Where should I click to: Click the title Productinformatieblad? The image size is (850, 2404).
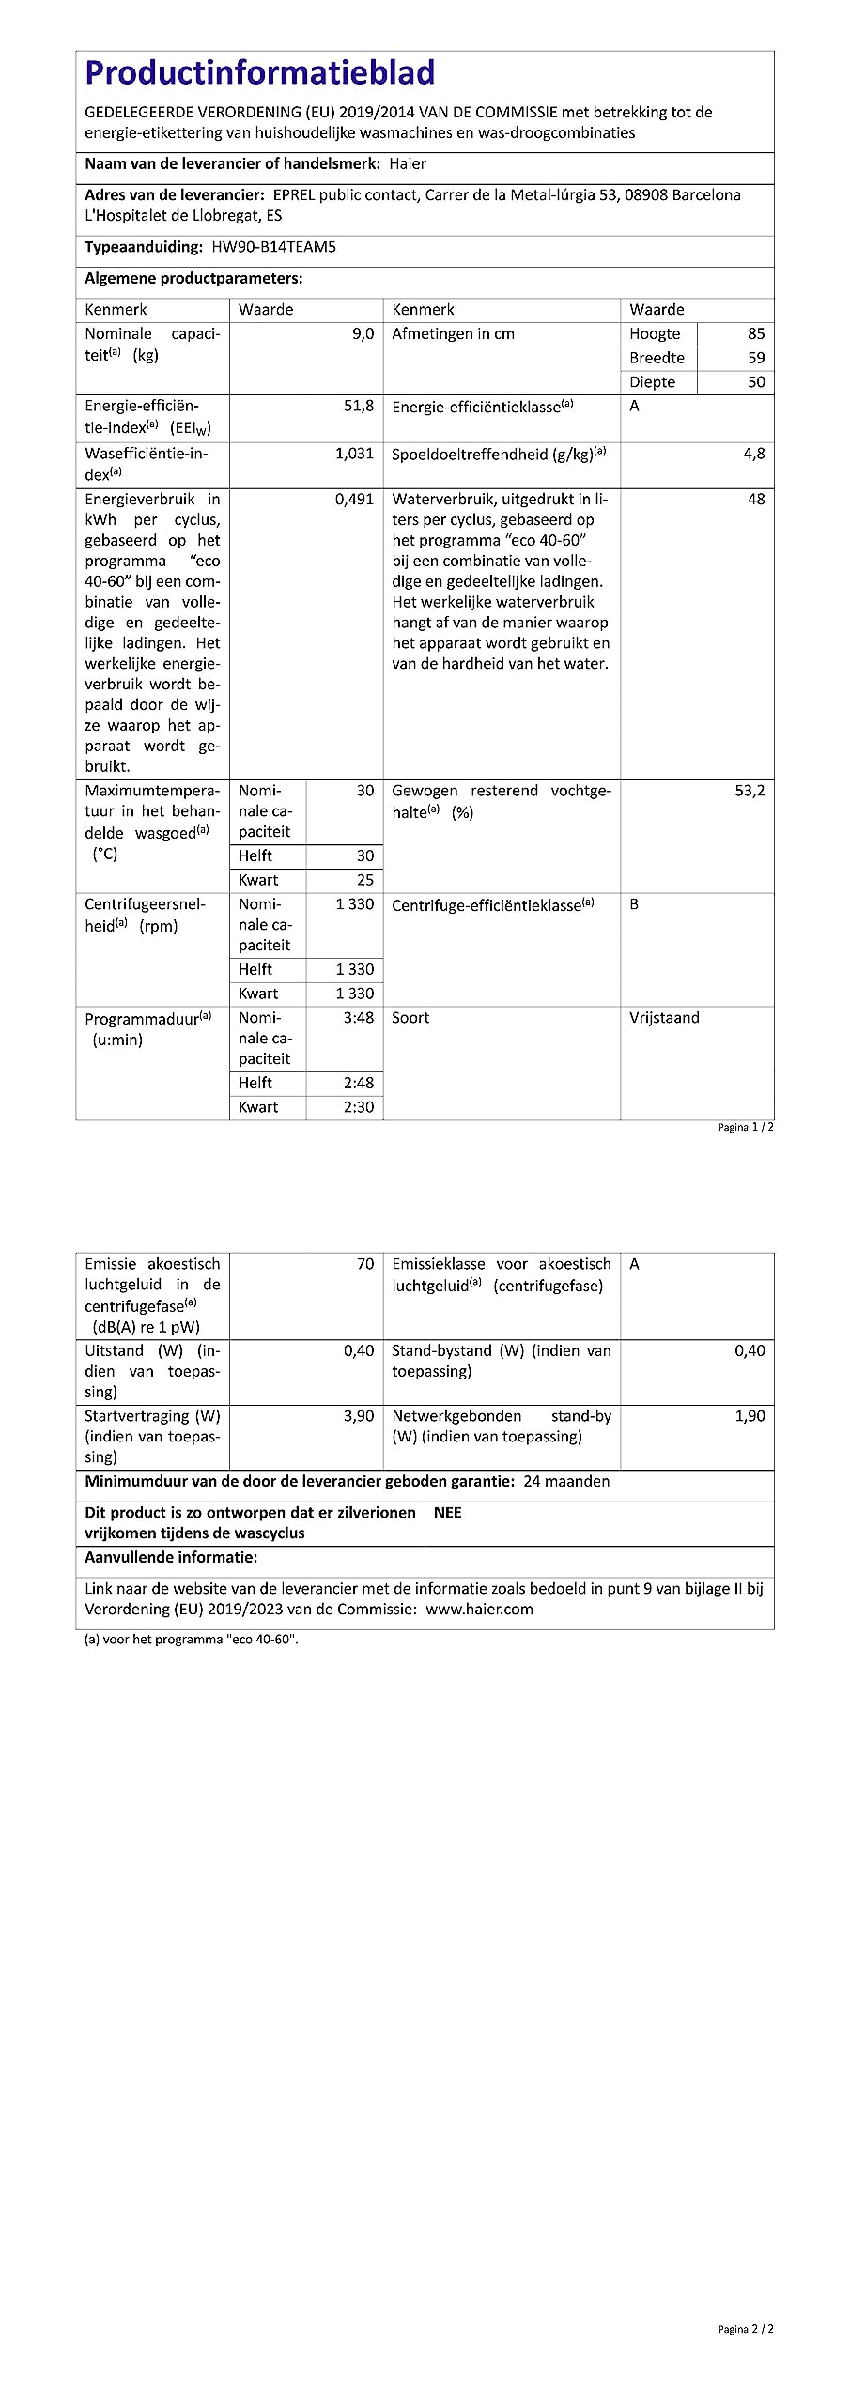pos(260,73)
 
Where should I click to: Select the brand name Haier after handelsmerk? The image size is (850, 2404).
pos(408,164)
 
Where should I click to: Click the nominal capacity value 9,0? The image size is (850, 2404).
pos(363,334)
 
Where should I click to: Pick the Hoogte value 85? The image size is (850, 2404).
pos(756,334)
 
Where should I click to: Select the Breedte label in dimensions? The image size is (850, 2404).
pos(657,358)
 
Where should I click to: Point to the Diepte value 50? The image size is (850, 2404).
pos(756,382)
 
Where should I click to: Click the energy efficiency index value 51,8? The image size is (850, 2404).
pos(359,406)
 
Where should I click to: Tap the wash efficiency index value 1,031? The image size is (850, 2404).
pos(354,454)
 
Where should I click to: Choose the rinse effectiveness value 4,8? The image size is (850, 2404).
pos(754,454)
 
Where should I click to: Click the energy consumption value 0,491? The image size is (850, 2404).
pos(354,500)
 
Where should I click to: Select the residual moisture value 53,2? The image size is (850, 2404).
pos(750,791)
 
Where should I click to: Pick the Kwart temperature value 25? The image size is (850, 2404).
pos(365,880)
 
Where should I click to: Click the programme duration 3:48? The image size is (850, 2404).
pos(359,1018)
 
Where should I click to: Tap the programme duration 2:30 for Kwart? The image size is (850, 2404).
pos(359,1107)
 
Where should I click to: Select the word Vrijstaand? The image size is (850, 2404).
pos(664,1018)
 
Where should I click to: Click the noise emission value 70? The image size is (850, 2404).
pos(365,1264)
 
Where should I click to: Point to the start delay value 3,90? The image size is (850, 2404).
pos(359,1416)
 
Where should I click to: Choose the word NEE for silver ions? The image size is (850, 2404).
pos(448,1513)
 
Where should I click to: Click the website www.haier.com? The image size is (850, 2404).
pos(479,1609)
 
